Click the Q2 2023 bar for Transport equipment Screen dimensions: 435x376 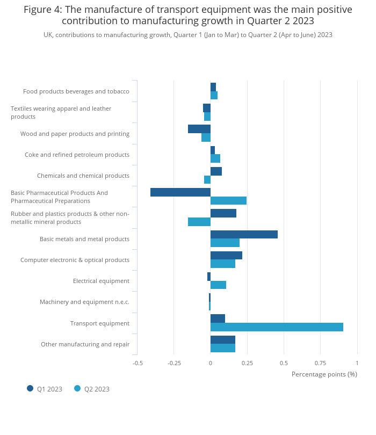277,327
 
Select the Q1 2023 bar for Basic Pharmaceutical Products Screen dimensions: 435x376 180,192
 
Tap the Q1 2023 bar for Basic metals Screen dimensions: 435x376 244,234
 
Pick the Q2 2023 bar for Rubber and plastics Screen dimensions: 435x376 199,222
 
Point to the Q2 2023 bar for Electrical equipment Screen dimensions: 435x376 218,285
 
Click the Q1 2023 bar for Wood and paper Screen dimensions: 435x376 199,129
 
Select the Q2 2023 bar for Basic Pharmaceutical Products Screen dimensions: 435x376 228,200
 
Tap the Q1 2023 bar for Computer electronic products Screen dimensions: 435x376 226,255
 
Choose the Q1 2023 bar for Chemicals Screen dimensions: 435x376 216,171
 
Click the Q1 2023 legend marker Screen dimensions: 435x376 30,388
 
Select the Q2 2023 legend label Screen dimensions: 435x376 97,389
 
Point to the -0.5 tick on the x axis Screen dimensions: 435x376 138,363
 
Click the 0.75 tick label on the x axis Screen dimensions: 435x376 320,363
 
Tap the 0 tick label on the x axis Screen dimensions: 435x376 211,363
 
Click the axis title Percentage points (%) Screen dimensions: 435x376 324,374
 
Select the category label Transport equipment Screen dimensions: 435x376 99,323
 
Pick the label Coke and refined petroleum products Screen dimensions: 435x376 77,155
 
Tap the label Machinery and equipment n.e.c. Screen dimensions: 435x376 84,302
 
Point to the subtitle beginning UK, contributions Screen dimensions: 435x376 188,35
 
